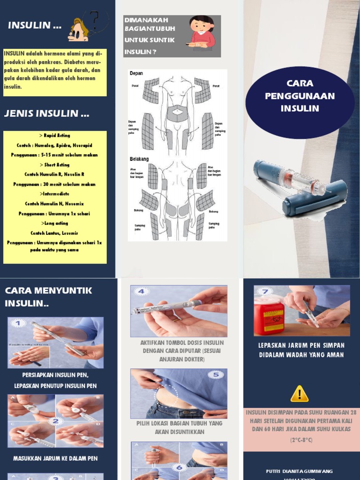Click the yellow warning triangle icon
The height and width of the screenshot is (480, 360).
[300, 394]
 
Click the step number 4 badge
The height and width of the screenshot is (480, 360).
[142, 292]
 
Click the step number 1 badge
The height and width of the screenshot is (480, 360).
[17, 323]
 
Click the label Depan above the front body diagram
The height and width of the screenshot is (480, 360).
[136, 74]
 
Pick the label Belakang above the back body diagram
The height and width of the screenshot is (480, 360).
[139, 159]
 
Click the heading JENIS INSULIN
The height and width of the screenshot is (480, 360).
[46, 113]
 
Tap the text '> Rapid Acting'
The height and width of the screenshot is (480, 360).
[55, 135]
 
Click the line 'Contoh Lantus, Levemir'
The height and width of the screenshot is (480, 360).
[54, 233]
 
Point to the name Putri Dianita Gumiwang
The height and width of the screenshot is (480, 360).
[300, 470]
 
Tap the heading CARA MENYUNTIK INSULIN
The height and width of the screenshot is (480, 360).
[49, 297]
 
